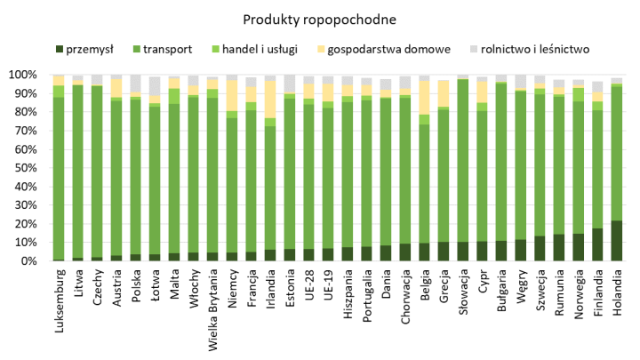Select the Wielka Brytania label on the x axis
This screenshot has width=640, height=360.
click(x=212, y=311)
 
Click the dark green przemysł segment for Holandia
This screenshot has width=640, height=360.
click(x=617, y=241)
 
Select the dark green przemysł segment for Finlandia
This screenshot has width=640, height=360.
click(x=598, y=245)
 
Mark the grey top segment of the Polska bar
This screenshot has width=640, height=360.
click(x=135, y=84)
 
